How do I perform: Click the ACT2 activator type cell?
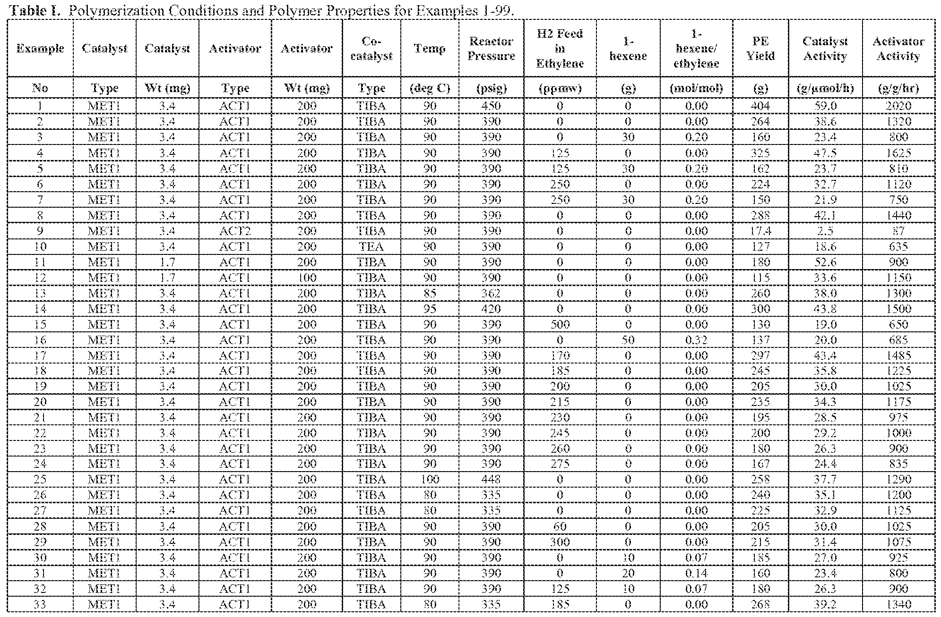(234, 231)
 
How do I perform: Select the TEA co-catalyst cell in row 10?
(371, 246)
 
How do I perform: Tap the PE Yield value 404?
(760, 106)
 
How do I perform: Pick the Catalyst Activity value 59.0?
(825, 106)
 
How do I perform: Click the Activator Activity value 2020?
(898, 106)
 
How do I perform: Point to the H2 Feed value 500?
(560, 324)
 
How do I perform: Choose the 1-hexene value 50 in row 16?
(628, 340)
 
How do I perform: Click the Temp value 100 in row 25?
(429, 480)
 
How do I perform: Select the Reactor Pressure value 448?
(491, 480)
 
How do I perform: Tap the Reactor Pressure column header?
(491, 49)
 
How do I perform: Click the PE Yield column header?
(760, 49)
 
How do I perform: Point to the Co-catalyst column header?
(371, 49)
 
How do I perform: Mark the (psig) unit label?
(491, 88)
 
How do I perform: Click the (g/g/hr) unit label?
(898, 88)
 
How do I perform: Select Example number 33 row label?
(40, 604)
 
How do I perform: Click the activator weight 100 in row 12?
(306, 278)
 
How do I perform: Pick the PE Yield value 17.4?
(760, 231)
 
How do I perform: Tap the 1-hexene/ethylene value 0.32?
(696, 340)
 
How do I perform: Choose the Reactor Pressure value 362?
(491, 293)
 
